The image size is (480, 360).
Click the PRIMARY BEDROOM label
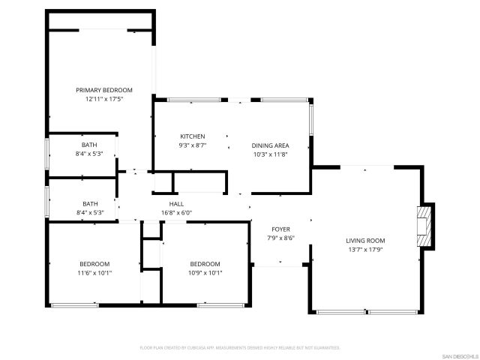[x=103, y=90]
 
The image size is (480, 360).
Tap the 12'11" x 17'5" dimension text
[x=103, y=98]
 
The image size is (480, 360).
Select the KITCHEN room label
[x=192, y=136]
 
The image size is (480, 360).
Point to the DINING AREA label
[x=270, y=145]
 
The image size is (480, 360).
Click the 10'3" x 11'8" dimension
[x=270, y=154]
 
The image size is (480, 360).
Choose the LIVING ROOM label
[x=365, y=241]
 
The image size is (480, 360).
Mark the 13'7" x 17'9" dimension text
[x=365, y=250]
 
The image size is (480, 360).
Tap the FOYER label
[x=280, y=229]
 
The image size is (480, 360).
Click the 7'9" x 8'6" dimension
[x=280, y=238]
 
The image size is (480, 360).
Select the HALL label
[x=177, y=204]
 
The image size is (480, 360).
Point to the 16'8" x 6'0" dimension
[x=177, y=212]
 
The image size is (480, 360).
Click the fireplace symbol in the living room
[x=425, y=224]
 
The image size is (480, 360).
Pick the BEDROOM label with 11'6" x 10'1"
[x=95, y=264]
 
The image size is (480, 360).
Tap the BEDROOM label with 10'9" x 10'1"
[x=205, y=264]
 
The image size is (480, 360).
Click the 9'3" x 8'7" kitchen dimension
[x=192, y=145]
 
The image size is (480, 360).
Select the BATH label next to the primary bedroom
[x=89, y=145]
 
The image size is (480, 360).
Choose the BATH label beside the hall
[x=90, y=204]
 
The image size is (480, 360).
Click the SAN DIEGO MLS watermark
[x=458, y=355]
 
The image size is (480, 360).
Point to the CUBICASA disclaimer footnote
[x=240, y=348]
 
